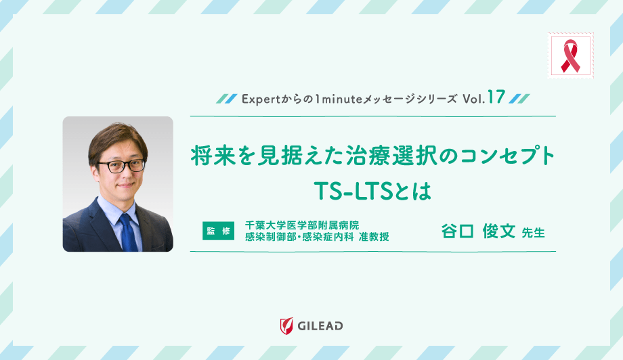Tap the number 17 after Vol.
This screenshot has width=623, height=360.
496,97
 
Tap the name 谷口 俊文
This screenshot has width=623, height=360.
478,231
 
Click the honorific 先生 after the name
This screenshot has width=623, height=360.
534,232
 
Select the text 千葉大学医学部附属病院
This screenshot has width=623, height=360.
301,224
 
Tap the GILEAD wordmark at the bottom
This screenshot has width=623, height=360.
320,326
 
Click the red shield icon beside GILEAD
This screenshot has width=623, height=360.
286,325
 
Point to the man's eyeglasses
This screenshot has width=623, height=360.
121,164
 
